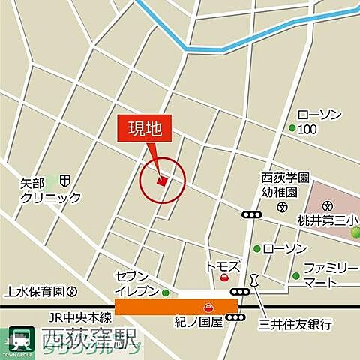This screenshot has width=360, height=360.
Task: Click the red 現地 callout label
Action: (x=144, y=130)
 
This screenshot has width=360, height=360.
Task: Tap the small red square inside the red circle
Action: (x=160, y=180)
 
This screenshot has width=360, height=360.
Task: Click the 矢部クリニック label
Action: (x=50, y=190)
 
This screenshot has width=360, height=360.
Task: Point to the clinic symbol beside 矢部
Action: (x=66, y=181)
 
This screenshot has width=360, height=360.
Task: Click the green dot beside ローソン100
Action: (x=292, y=128)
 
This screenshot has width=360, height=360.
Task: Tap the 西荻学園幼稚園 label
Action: (x=284, y=185)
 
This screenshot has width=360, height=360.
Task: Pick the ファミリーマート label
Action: (x=330, y=274)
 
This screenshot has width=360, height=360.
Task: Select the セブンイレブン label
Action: (x=137, y=283)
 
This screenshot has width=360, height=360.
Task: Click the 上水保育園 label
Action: (x=34, y=291)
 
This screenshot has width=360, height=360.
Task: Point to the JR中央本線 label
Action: (x=81, y=317)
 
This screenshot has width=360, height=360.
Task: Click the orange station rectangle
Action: (x=175, y=307)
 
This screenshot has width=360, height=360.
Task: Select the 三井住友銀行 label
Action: (x=295, y=324)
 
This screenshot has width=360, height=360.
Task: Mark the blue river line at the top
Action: (x=225, y=47)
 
